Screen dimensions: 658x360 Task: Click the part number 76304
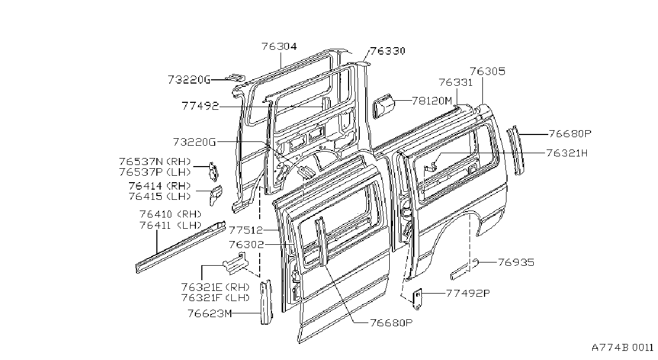[279, 47]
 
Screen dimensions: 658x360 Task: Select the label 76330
[388, 51]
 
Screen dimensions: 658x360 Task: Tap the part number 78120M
[432, 101]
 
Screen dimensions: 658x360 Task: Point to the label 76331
[456, 82]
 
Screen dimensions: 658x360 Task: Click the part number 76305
[487, 71]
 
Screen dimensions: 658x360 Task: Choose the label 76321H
[567, 153]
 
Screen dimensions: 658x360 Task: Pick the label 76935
[516, 262]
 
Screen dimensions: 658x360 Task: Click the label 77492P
[468, 293]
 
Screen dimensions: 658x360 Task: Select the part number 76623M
[210, 313]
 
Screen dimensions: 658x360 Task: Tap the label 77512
[246, 230]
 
